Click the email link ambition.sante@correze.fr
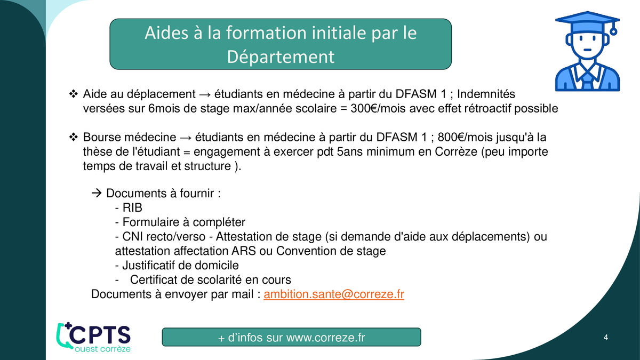(x=334, y=294)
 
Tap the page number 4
(x=606, y=338)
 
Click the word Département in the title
(x=281, y=57)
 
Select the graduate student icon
(x=587, y=51)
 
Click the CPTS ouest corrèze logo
(x=93, y=338)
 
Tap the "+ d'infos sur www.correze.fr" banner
(x=291, y=337)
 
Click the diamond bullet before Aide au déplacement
(x=74, y=94)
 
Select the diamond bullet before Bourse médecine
(x=74, y=137)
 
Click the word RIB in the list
(x=132, y=207)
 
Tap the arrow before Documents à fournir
(x=97, y=193)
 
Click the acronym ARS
(x=244, y=251)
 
